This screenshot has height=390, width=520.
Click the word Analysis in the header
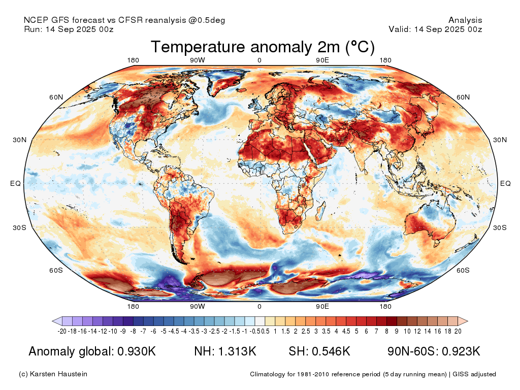(465, 20)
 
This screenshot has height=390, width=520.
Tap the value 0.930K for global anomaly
(137, 351)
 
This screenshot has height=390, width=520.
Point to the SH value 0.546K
(331, 351)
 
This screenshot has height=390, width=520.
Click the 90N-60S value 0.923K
(461, 351)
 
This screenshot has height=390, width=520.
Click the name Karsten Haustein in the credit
(58, 374)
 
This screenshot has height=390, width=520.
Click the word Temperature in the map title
(198, 47)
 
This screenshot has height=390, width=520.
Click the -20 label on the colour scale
(62, 331)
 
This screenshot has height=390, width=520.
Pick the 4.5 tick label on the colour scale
(346, 331)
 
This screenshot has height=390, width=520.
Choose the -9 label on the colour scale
(123, 331)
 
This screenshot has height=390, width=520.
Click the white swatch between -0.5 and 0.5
(259, 321)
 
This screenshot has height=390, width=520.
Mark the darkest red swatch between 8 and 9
(392, 321)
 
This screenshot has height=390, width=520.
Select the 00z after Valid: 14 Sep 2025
(475, 29)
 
